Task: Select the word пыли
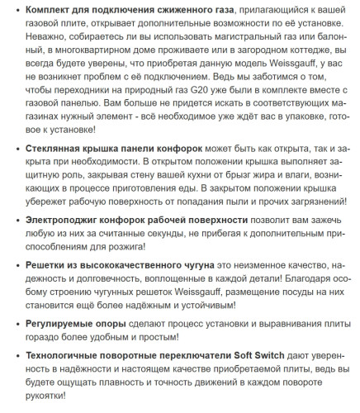pyautogui.click(x=239, y=205)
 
